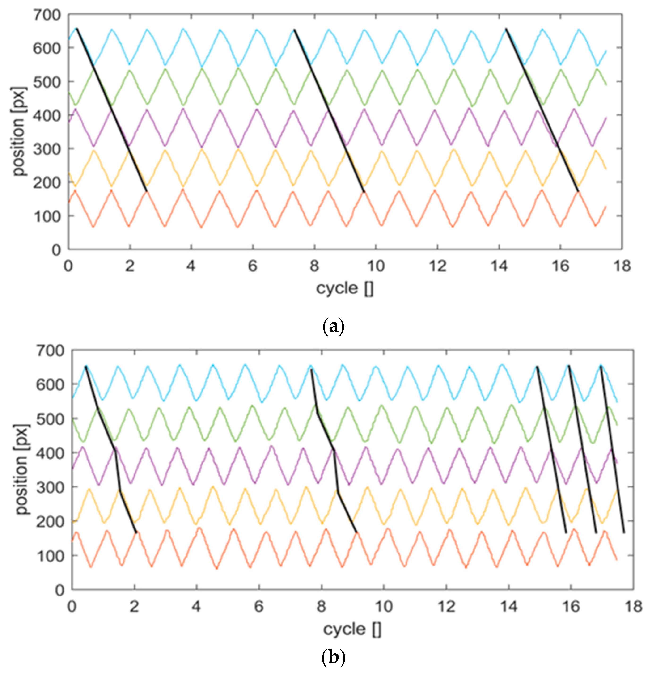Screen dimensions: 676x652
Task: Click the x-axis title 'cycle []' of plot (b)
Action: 352,629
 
